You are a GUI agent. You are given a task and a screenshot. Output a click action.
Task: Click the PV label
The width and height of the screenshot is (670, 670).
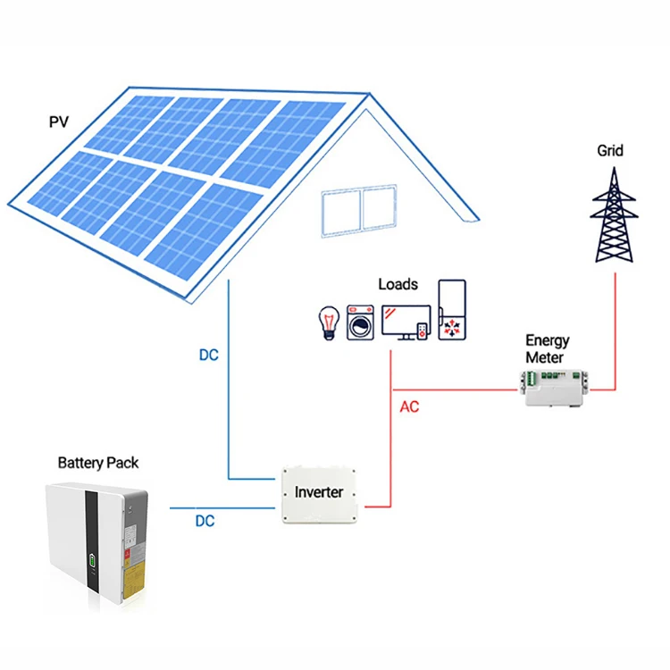[58, 121]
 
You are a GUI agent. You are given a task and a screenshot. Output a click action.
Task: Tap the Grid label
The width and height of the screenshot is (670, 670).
[611, 151]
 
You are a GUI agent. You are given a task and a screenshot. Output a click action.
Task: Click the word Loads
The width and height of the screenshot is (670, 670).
[398, 284]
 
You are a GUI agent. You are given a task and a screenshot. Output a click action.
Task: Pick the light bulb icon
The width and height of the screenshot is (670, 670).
[331, 322]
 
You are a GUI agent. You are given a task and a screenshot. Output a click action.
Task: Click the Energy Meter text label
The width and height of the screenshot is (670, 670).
[547, 349]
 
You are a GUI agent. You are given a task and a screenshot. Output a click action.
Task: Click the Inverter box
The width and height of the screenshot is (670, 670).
[319, 493]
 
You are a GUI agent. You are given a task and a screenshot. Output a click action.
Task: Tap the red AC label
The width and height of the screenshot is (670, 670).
[409, 407]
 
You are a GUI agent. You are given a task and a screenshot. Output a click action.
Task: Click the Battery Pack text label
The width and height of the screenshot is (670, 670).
[98, 463]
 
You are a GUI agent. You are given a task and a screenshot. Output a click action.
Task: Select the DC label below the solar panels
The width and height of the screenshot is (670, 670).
[208, 355]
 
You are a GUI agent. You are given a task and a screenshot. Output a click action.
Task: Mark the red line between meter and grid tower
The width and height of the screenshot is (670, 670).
[616, 331]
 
